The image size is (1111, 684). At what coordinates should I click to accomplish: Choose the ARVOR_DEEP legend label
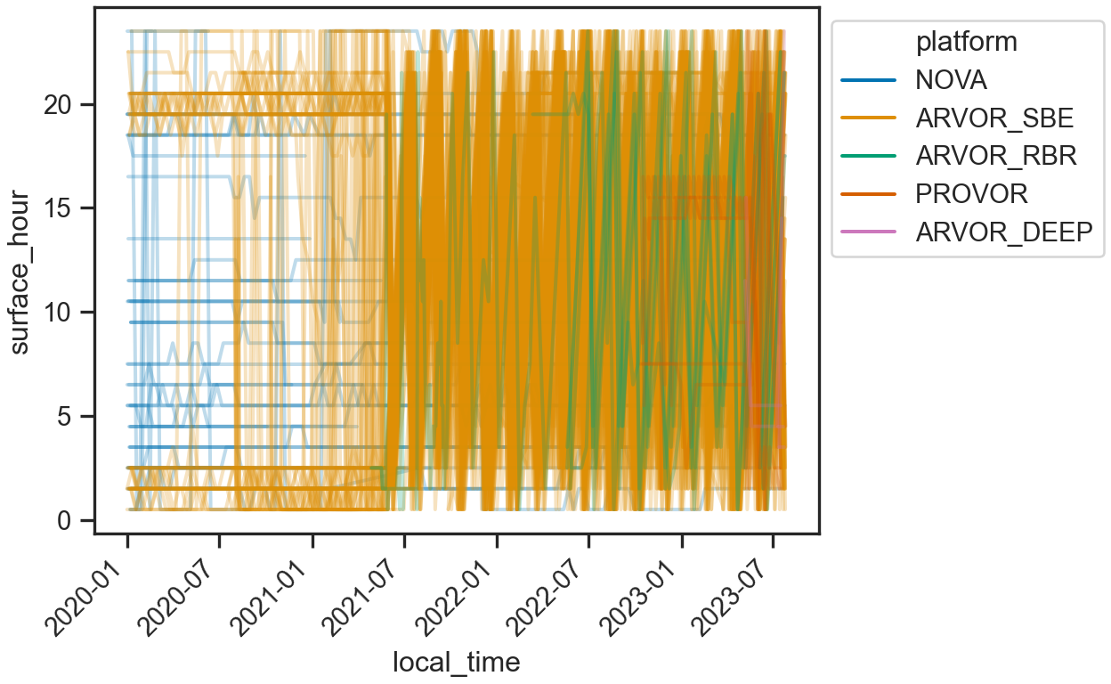1003,232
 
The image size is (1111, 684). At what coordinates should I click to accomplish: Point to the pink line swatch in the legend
868,232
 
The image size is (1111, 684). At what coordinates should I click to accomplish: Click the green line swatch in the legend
868,156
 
